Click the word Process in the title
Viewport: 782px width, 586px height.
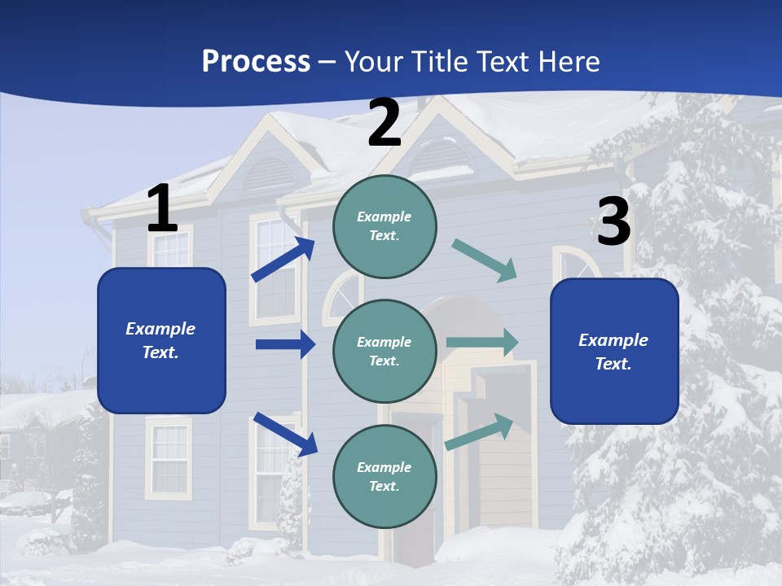256,61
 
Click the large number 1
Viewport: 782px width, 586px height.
162,209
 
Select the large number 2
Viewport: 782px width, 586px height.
384,123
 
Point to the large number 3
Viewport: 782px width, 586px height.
613,222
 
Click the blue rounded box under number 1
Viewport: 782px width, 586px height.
161,340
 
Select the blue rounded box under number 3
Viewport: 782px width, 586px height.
614,352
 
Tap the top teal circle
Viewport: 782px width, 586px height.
384,226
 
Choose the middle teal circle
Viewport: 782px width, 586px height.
384,351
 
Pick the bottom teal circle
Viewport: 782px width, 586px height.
384,476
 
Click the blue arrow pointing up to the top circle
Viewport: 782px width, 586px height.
283,259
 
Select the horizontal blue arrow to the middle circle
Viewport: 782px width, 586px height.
285,344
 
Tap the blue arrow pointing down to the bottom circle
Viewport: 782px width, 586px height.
285,433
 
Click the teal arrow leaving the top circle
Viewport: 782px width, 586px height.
485,260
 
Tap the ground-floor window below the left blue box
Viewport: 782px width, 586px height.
169,457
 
